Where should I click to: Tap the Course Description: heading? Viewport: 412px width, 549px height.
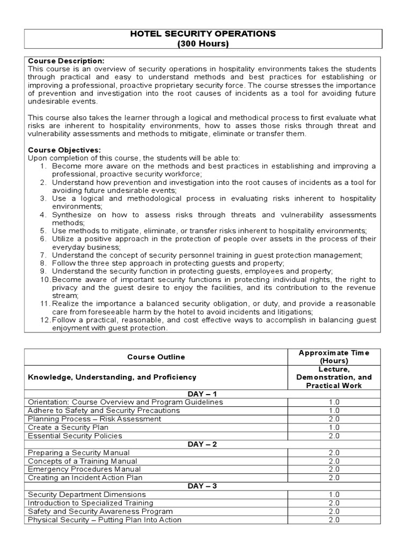[x=66, y=61]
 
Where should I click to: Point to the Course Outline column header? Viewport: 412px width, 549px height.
[x=156, y=357]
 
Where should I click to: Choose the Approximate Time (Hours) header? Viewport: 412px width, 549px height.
[x=334, y=357]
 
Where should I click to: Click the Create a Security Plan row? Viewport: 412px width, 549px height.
[x=68, y=427]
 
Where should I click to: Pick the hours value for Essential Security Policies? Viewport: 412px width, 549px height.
[x=334, y=436]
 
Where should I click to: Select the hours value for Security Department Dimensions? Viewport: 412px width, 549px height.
[x=334, y=494]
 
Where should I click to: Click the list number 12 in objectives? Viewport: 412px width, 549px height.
[x=45, y=320]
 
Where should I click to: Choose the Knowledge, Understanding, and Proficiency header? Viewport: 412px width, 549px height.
[x=112, y=377]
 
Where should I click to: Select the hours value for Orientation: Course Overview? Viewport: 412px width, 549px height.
[x=334, y=402]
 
